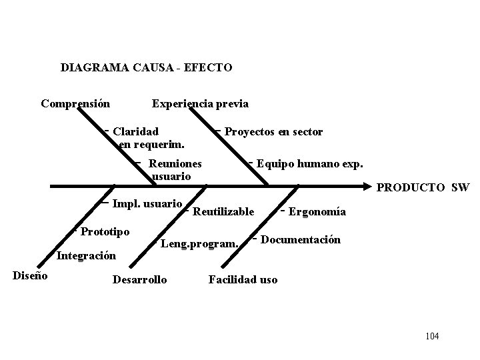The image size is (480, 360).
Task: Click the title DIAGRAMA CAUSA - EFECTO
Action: (146, 67)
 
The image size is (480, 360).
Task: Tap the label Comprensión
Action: (75, 103)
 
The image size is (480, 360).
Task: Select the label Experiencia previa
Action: (200, 103)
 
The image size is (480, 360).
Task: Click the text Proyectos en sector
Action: (273, 132)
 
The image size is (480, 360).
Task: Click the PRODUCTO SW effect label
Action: (423, 188)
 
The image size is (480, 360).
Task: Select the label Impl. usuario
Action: (147, 203)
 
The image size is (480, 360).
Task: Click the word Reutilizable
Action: (223, 212)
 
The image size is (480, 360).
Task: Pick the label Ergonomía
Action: (317, 212)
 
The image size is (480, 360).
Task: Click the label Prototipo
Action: (105, 231)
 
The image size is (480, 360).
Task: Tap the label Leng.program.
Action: (199, 244)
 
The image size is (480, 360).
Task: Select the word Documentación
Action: (301, 239)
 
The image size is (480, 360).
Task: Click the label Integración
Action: (87, 255)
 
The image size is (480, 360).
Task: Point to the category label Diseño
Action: (30, 275)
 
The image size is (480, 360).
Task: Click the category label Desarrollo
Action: (140, 279)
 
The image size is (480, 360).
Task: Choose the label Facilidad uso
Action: (243, 279)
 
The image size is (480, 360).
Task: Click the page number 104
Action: (432, 336)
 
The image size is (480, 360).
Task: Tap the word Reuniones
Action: (175, 163)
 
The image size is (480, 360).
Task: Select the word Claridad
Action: (136, 132)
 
